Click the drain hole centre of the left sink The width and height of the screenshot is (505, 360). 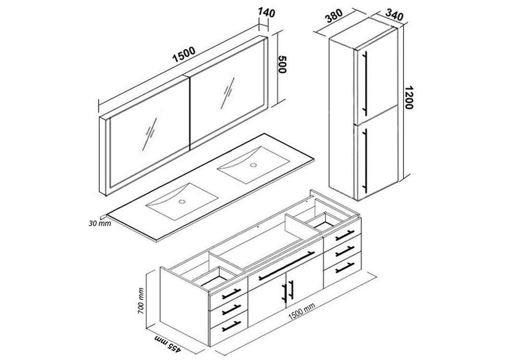click(182, 202)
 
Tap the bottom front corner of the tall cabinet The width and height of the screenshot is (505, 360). click(358, 201)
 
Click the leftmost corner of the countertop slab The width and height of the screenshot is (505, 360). click(107, 214)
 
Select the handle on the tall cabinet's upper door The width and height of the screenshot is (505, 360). click(365, 83)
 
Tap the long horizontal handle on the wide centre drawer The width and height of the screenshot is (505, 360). click(286, 266)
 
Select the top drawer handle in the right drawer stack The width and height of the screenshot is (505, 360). click(345, 235)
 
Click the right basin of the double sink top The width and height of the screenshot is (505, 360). click(254, 165)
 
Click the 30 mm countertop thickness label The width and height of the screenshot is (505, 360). click(100, 223)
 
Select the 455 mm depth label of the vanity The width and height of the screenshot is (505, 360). click(168, 343)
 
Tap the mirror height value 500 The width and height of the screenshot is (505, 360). click(282, 64)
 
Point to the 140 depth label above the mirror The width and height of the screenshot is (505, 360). click(266, 13)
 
